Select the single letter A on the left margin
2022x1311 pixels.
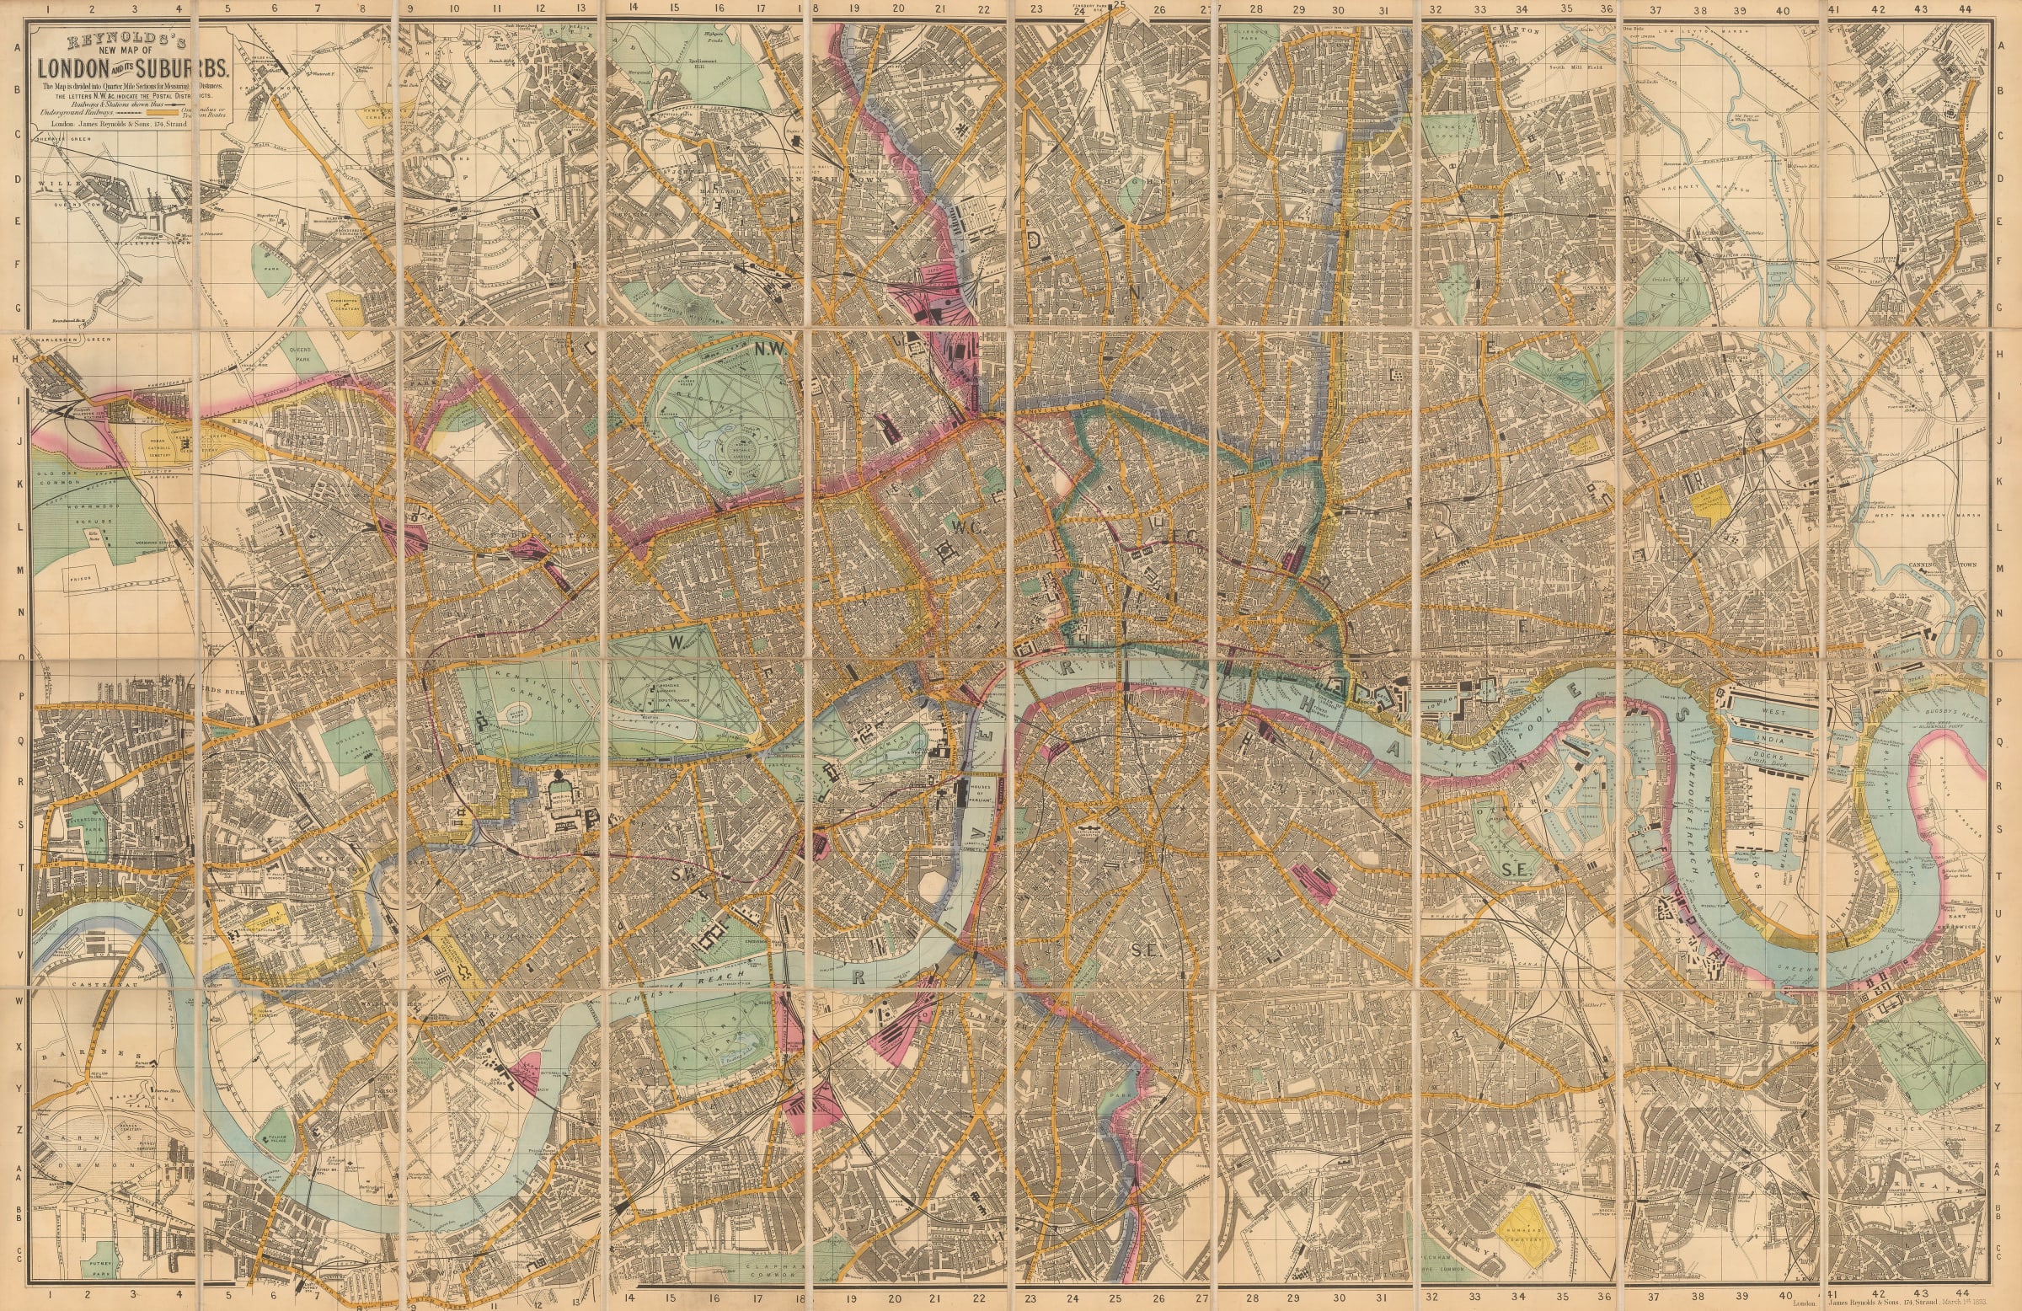(x=16, y=48)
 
